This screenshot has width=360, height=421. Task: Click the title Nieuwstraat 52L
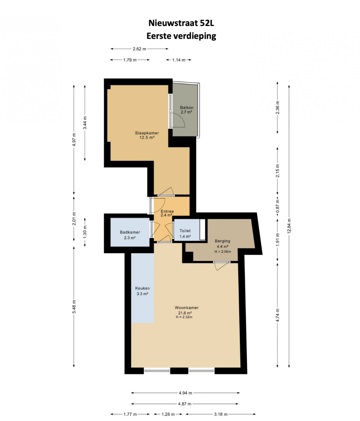[181, 23]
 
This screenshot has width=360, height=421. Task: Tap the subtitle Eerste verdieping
[181, 36]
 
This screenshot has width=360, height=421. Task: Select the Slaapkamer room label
[147, 133]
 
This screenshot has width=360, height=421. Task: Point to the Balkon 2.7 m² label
[186, 109]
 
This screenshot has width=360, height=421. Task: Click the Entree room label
[167, 211]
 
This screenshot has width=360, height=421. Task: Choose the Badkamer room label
[130, 232]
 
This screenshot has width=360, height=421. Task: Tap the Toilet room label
[185, 230]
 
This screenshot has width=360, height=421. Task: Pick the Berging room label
[223, 241]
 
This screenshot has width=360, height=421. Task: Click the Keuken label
[142, 288]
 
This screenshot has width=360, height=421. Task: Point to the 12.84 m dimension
[289, 226]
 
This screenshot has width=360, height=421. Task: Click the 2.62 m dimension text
[140, 49]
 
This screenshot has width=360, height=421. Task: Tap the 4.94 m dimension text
[185, 393]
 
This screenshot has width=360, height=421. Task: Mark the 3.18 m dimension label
[220, 414]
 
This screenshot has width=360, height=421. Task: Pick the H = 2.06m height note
[223, 252]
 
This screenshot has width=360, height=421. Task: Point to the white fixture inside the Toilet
[202, 229]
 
